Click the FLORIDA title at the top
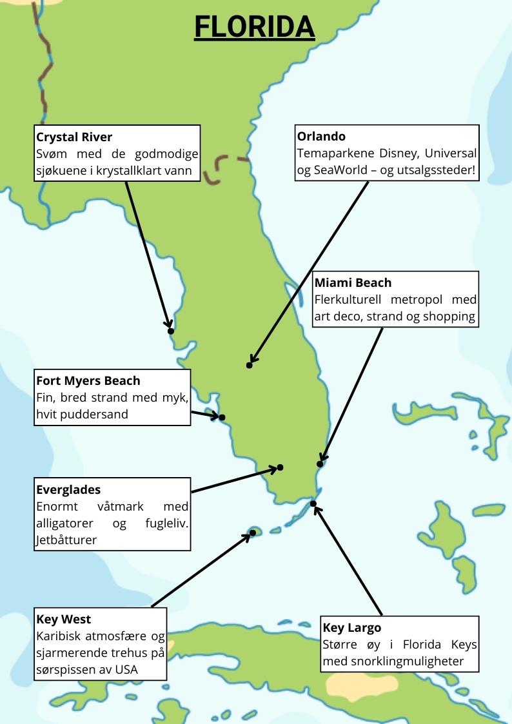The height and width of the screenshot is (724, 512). click(254, 27)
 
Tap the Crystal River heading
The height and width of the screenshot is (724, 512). click(74, 137)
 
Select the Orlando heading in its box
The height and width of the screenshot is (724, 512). click(321, 137)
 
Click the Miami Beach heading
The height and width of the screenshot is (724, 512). click(353, 283)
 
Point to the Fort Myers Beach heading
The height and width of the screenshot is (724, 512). click(88, 380)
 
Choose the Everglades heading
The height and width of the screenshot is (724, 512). click(68, 490)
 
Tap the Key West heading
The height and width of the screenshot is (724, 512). click(64, 620)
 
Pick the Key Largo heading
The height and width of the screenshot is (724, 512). click(351, 628)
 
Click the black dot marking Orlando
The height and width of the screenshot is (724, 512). click(250, 366)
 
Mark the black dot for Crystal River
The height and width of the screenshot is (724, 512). click(171, 331)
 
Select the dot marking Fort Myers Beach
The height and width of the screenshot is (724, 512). click(222, 417)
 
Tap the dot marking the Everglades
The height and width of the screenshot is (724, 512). click(280, 467)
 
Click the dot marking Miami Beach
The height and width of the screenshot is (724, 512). click(320, 464)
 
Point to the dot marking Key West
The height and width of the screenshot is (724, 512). click(253, 533)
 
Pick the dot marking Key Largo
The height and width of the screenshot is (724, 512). click(313, 504)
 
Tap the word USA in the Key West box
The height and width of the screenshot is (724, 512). click(126, 669)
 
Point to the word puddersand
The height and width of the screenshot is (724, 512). click(95, 414)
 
